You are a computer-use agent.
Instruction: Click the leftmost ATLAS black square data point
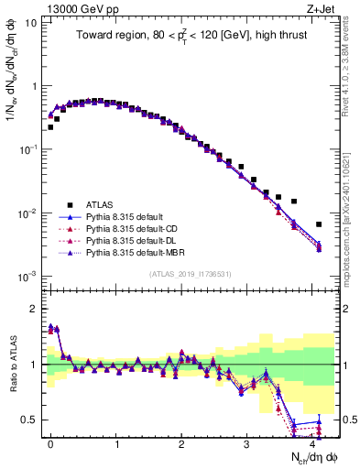tap(50, 127)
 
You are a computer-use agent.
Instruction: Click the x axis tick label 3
tap(247, 443)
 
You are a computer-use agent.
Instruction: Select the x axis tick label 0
tap(50, 443)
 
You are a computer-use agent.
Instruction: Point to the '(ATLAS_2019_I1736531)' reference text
tap(190, 274)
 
